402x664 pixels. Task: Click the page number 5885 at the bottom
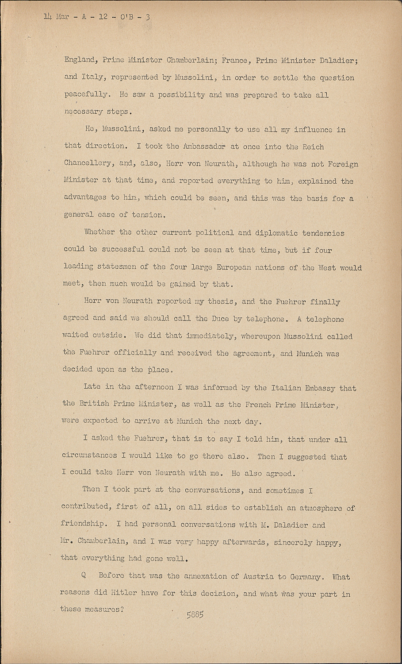(195, 614)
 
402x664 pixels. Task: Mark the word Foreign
(343, 164)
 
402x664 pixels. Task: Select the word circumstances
(89, 456)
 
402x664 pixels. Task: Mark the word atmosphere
(318, 508)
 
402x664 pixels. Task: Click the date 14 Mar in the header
(55, 18)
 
